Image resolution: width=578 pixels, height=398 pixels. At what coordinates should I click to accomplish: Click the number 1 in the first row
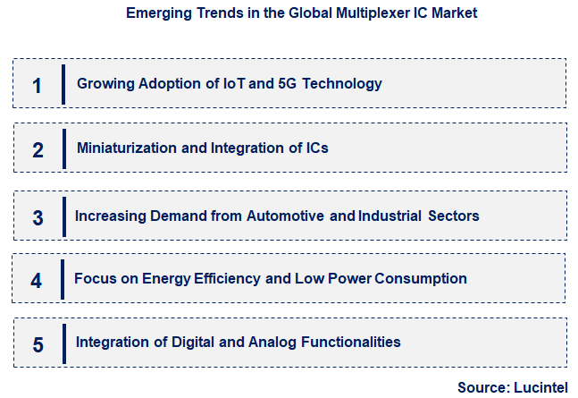[37, 85]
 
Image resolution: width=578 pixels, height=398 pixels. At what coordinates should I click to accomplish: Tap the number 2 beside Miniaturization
[38, 149]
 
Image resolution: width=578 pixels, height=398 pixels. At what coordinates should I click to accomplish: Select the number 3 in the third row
[38, 217]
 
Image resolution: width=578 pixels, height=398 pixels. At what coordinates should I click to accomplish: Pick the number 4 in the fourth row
[36, 280]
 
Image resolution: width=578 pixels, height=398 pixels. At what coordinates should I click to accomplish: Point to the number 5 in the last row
[37, 343]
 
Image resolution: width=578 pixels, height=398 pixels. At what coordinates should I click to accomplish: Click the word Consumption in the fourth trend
[421, 278]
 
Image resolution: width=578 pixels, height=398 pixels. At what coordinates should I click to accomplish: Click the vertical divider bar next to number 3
[63, 217]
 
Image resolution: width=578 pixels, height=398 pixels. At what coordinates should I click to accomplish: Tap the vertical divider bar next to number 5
[64, 343]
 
